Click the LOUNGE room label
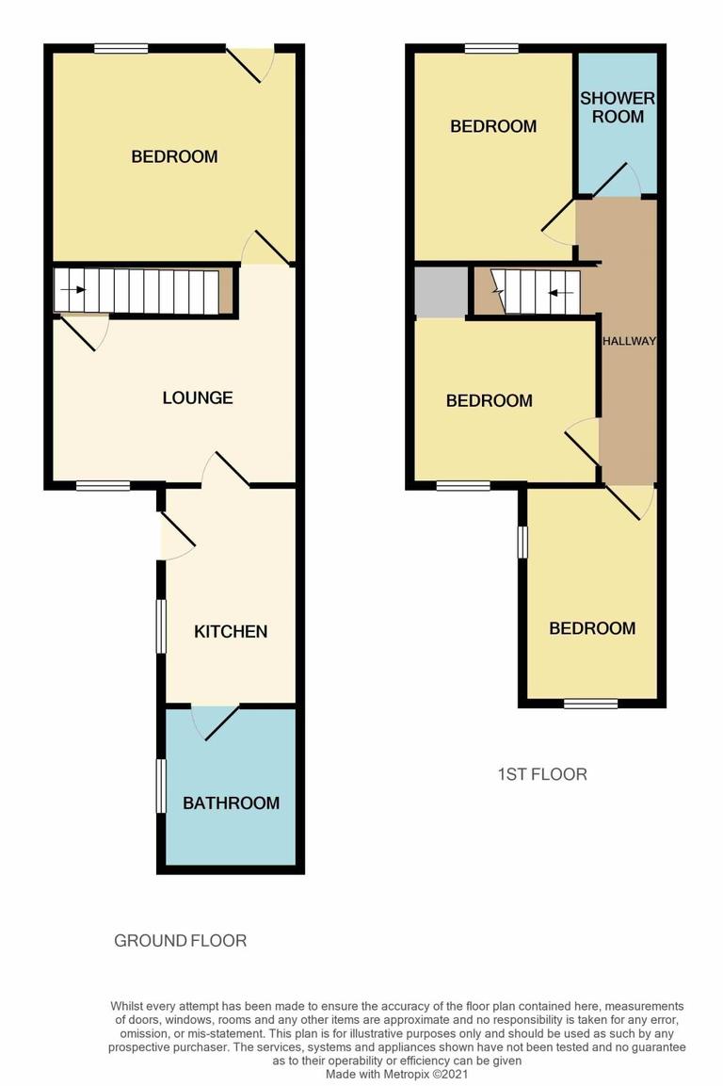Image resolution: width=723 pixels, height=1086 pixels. pyautogui.click(x=198, y=397)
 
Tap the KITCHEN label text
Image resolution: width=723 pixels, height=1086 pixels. pyautogui.click(x=231, y=631)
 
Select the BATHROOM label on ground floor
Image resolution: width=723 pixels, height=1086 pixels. pyautogui.click(x=231, y=803)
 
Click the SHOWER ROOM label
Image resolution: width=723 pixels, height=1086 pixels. pyautogui.click(x=618, y=107)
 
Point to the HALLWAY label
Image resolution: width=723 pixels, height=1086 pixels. pyautogui.click(x=629, y=341)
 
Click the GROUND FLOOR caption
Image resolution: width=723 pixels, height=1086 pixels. pyautogui.click(x=180, y=940)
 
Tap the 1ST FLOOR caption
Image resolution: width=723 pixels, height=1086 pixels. pyautogui.click(x=541, y=774)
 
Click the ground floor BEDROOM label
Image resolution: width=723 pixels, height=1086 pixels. pyautogui.click(x=174, y=156)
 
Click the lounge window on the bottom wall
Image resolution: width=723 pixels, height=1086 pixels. pyautogui.click(x=103, y=485)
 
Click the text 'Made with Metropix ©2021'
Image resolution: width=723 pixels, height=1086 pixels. pyautogui.click(x=396, y=1074)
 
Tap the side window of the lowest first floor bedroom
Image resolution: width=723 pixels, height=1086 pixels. pyautogui.click(x=523, y=542)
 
